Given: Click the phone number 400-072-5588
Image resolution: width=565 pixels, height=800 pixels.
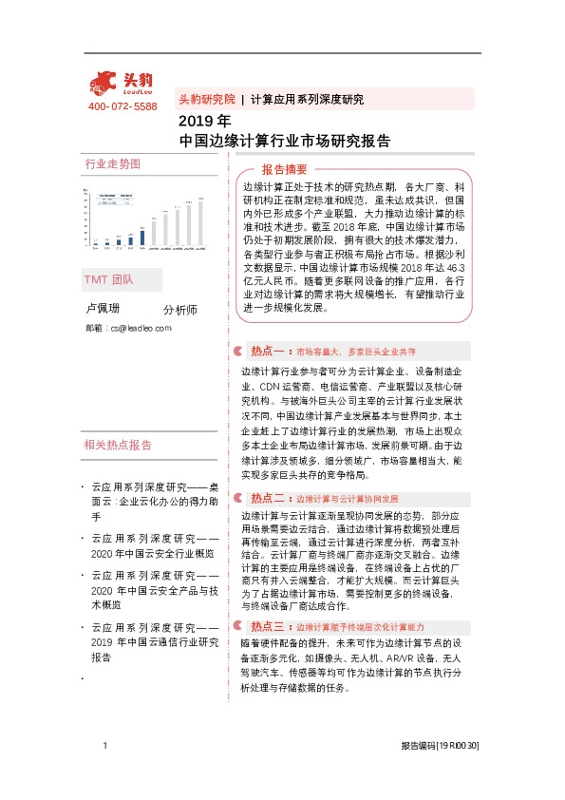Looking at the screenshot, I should pyautogui.click(x=122, y=106).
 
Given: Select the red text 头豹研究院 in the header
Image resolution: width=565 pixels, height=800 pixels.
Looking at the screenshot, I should pyautogui.click(x=206, y=99).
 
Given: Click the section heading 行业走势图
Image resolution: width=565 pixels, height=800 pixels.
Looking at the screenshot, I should pyautogui.click(x=112, y=163).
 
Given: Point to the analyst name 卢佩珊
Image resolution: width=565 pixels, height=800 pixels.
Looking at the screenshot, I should pyautogui.click(x=104, y=309).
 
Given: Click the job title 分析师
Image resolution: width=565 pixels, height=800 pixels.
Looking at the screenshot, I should pyautogui.click(x=179, y=310).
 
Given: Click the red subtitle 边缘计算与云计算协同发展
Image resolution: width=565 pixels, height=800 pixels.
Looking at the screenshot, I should pyautogui.click(x=348, y=499).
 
